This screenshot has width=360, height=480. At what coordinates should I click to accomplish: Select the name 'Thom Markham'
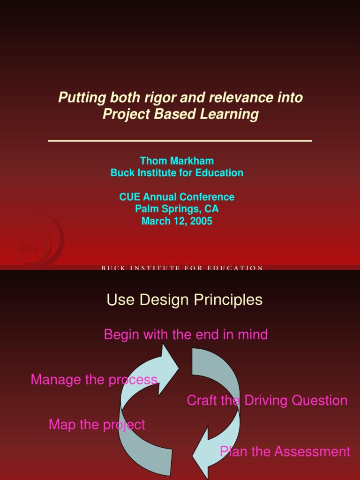coord(177,161)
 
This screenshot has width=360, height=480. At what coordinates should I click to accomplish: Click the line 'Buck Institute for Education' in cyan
coord(177,173)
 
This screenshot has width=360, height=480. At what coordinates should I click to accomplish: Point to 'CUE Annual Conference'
coord(177,197)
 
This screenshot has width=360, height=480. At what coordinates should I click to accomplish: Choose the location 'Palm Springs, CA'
coord(177,209)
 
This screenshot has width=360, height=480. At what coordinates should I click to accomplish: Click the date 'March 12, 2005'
coord(177,221)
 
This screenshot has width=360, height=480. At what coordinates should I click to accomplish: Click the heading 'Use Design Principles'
coord(185,300)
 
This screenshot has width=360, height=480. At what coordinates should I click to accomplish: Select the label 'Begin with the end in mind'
coord(186,335)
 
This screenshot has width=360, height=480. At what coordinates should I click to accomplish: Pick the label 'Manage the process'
coord(94,380)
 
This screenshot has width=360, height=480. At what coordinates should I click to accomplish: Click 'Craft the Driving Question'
coord(267,401)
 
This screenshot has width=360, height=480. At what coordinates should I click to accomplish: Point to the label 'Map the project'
coord(97,425)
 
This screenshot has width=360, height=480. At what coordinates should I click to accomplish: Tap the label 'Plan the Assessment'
coord(285,452)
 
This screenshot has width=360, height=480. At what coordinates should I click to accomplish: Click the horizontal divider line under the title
coord(180,140)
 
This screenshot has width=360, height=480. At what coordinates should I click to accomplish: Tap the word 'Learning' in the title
coord(234,114)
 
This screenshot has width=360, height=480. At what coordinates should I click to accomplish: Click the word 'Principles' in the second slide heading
coord(229,300)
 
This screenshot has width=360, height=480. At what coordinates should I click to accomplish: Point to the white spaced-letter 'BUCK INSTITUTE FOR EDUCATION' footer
coord(182,268)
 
